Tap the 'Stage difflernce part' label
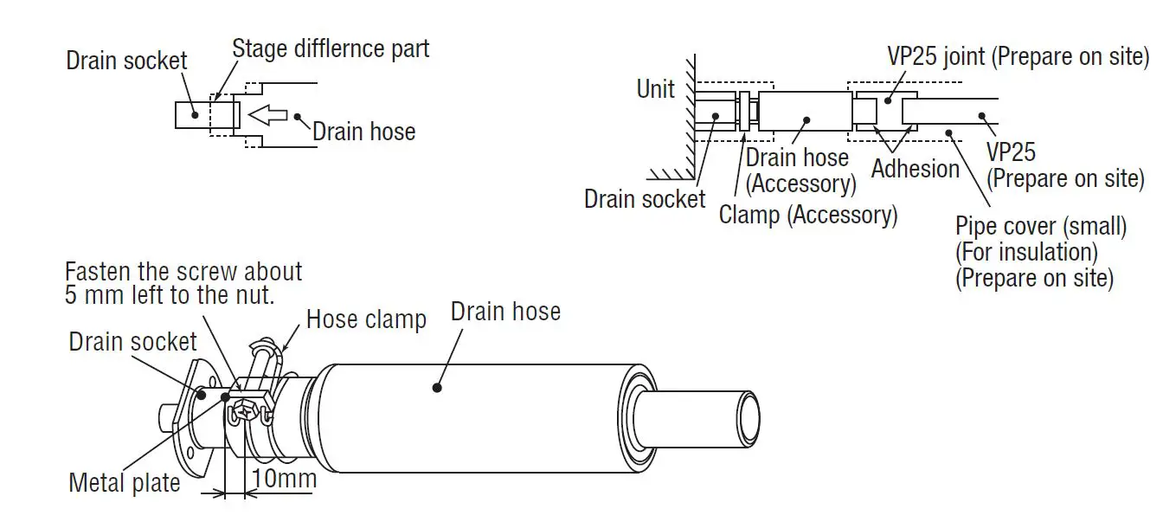330,48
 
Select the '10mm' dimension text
283,479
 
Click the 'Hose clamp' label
366,319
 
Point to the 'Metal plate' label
125,482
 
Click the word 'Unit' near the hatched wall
655,88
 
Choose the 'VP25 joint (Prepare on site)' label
1018,57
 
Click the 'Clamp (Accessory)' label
807,214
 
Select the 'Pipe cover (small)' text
1041,227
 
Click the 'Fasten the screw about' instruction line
183,271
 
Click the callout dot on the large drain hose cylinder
438,389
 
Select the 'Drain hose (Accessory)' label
797,171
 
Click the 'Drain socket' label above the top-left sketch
126,61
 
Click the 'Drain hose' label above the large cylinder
505,312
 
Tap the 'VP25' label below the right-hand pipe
1011,152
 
